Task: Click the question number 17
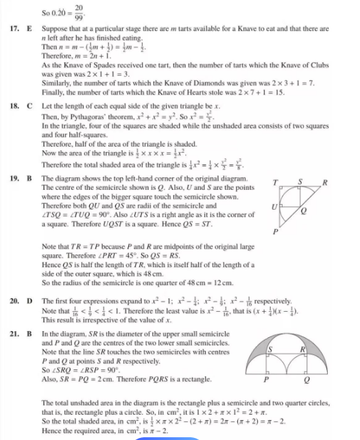pyautogui.click(x=16, y=29)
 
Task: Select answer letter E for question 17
pyautogui.click(x=30, y=29)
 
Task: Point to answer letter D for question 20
pyautogui.click(x=30, y=300)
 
